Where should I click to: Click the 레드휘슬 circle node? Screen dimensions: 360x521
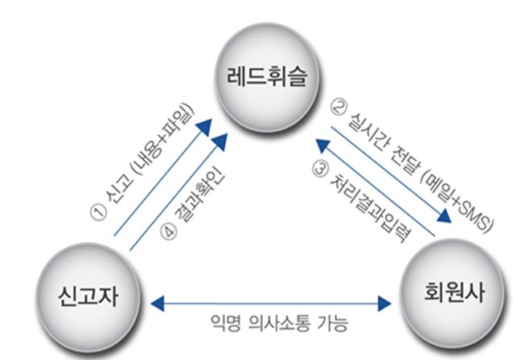pos(260,77)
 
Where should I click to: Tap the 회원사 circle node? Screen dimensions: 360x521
pos(445,288)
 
